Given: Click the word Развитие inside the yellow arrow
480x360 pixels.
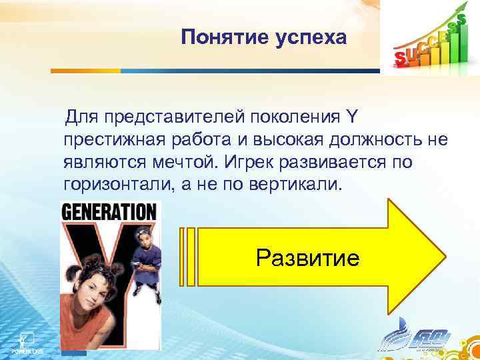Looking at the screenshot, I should [308, 257].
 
